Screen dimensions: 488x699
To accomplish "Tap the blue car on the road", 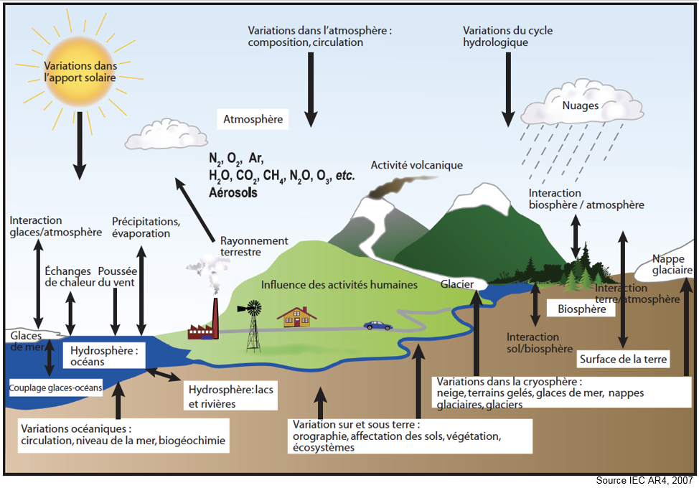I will point(378,325).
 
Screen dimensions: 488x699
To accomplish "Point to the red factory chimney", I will point(214,316).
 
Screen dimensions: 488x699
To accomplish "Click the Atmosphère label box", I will point(253,119).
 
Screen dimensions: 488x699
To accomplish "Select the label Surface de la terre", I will point(623,359).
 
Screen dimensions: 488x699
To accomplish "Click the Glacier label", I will point(457,284).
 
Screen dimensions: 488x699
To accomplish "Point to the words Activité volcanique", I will point(416,165).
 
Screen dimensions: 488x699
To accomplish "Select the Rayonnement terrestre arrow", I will point(194,208).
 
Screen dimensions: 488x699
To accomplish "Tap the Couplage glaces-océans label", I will point(56,388).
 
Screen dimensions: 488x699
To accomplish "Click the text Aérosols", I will point(233,193).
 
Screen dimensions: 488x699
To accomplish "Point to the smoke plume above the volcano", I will point(383,188).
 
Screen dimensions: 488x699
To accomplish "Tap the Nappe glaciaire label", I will point(672,264).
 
